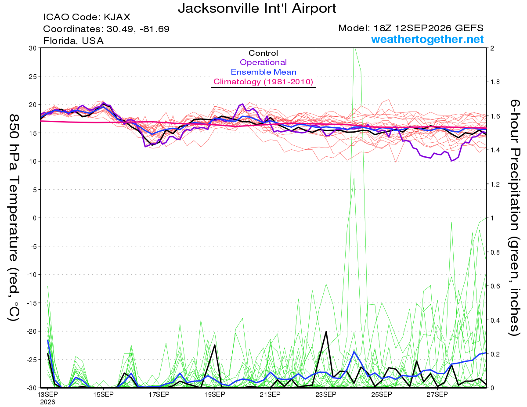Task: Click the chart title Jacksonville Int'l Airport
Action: (x=257, y=8)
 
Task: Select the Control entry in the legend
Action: (x=263, y=53)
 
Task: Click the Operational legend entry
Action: (x=263, y=62)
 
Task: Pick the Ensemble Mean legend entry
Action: (x=263, y=72)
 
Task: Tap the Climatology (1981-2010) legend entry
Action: (x=263, y=82)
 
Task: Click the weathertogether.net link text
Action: (x=427, y=39)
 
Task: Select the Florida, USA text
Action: (x=73, y=41)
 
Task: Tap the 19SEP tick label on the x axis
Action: (x=215, y=395)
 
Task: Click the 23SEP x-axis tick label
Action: (x=326, y=395)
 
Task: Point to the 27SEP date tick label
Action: (x=437, y=395)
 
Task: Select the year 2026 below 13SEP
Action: (x=47, y=402)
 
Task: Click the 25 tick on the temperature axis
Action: (x=32, y=76)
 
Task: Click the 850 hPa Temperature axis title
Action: (x=14, y=218)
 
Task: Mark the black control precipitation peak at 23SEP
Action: (x=326, y=331)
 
